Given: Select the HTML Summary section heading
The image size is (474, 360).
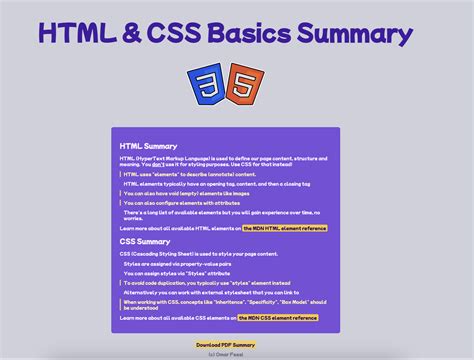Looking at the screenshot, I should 148,146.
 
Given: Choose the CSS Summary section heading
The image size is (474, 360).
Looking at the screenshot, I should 145,241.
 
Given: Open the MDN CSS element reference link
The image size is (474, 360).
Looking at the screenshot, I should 277,317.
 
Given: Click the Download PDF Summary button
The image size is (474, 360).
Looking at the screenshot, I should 225,344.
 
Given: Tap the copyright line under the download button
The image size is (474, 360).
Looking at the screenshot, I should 225,353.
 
